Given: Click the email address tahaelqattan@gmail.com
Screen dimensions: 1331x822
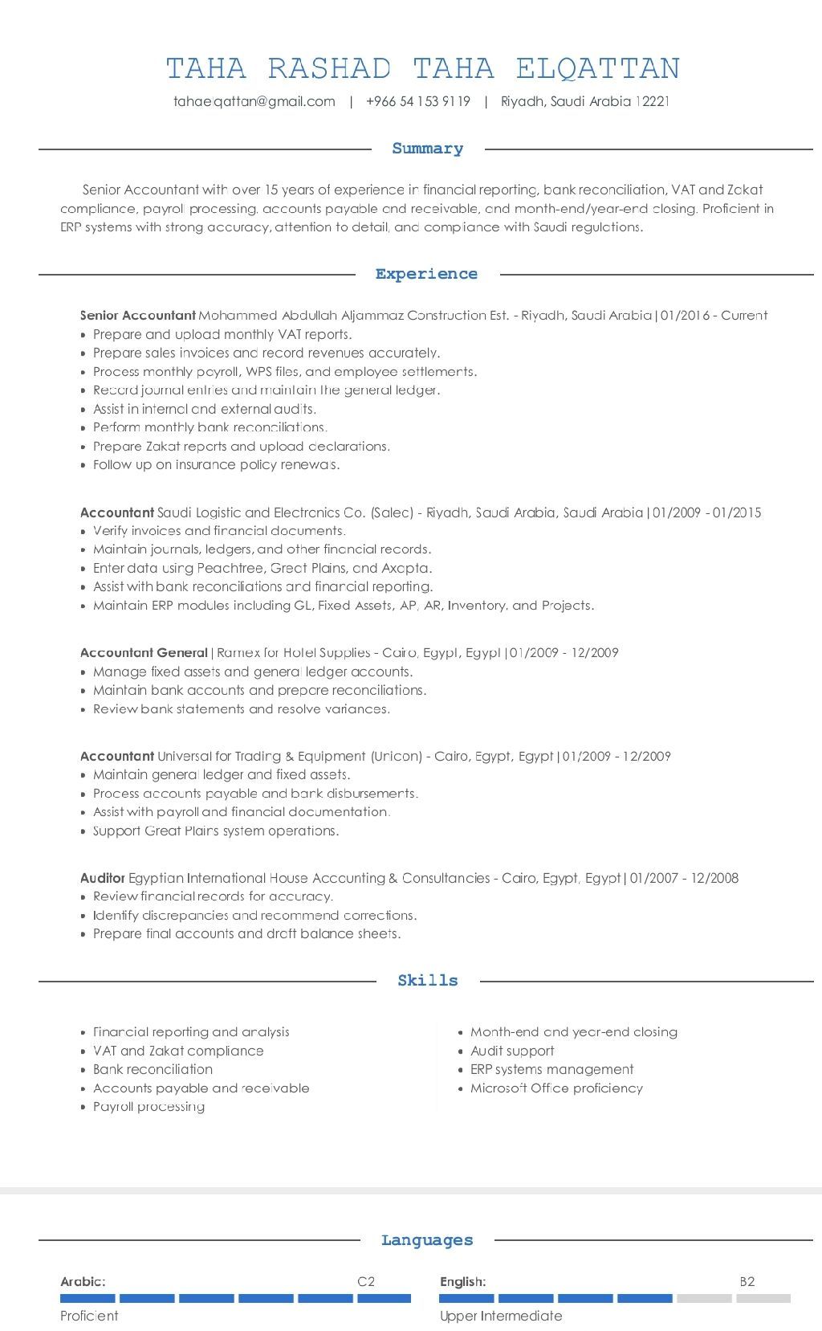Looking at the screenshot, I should click(x=254, y=102).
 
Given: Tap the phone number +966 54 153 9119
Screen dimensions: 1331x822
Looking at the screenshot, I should click(x=418, y=102).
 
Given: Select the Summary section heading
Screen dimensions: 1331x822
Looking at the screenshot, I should click(x=428, y=149).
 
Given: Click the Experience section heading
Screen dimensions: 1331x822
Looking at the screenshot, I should click(x=426, y=274).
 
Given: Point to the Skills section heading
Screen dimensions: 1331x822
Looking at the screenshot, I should click(x=428, y=981).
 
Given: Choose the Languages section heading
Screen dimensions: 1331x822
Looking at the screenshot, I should click(x=427, y=1240).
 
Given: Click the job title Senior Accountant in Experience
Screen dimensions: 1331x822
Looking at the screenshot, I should click(x=138, y=316).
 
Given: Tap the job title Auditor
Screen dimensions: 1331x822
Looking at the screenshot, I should click(x=103, y=878).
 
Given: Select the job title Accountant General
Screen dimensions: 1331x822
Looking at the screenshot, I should click(x=144, y=652).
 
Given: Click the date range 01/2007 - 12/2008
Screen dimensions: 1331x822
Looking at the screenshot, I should click(x=684, y=878).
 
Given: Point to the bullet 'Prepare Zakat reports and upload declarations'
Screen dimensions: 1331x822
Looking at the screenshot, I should click(x=242, y=447).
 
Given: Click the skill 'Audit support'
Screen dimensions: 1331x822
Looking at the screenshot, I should click(x=512, y=1051).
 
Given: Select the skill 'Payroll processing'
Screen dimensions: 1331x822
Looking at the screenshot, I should click(x=149, y=1107).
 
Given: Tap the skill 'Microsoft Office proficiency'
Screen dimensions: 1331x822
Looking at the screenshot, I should click(x=556, y=1088).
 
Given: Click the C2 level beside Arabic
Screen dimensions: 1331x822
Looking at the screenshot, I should click(x=366, y=1282).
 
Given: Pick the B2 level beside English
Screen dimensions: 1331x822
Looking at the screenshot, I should click(x=747, y=1282).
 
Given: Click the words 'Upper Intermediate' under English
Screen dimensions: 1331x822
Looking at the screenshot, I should click(x=501, y=1316).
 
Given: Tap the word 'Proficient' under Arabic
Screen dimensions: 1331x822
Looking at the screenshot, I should click(x=89, y=1316).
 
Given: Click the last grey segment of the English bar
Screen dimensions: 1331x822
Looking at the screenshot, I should click(x=763, y=1298).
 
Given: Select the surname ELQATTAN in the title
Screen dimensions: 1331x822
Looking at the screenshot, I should click(x=598, y=69).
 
